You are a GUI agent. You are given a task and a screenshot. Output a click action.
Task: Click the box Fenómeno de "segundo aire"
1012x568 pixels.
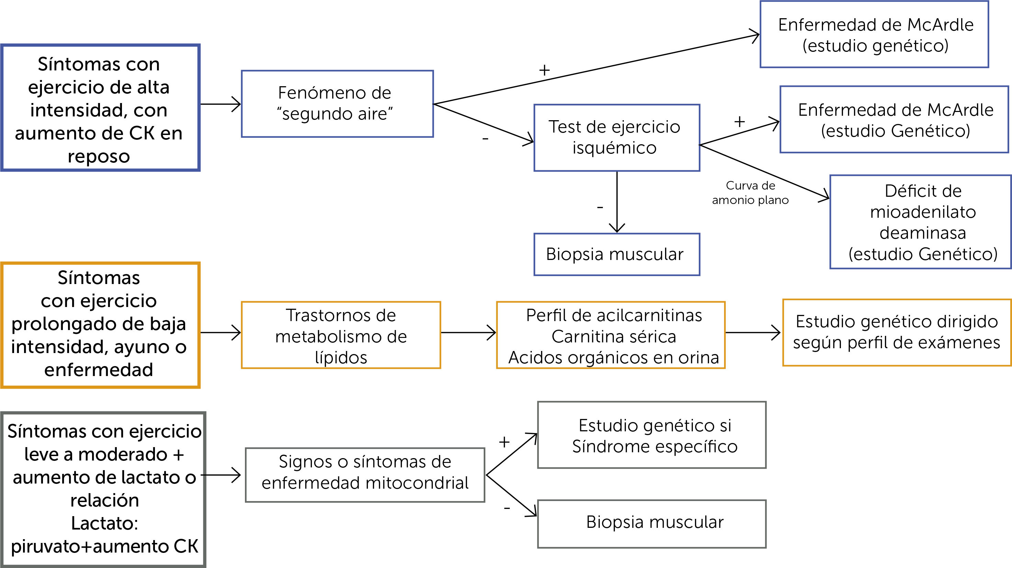pos(337,104)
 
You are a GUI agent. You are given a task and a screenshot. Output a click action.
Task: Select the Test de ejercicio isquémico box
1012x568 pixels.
pos(616,137)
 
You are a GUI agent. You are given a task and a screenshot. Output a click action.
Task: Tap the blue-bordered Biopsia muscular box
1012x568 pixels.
pos(616,254)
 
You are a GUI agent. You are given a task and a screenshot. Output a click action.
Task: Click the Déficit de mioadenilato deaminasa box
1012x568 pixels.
pos(920,222)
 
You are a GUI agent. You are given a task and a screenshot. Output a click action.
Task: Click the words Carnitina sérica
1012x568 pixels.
pos(614,337)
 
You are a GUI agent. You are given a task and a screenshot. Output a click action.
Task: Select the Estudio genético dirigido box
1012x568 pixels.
pos(897,332)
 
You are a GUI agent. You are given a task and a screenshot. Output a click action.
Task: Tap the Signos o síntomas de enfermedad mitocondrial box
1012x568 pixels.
pos(365,475)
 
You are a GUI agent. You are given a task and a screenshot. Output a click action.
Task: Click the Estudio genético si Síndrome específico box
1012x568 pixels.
pos(652,435)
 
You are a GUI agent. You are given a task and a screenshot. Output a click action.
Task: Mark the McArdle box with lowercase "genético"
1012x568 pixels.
pos(874,35)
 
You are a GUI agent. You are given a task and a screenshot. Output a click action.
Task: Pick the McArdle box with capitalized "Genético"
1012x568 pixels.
pos(894,120)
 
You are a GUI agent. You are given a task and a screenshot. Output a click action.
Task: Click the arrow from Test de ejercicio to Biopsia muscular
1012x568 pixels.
pos(617,202)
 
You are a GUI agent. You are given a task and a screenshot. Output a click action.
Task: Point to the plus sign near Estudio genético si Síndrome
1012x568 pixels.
pos(504,442)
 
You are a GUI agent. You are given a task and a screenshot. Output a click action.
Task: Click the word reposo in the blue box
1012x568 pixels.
pos(99,156)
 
